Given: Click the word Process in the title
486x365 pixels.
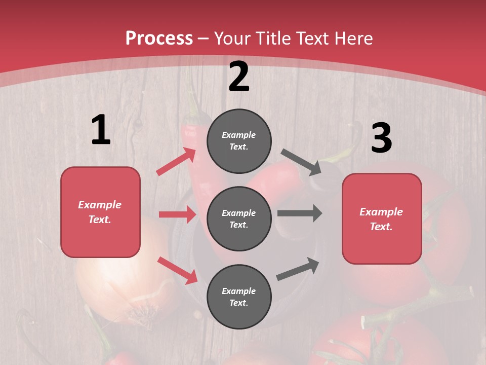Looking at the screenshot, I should click(x=159, y=38).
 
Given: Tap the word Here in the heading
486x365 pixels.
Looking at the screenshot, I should click(x=352, y=38).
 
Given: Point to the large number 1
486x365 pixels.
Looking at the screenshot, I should click(x=101, y=130).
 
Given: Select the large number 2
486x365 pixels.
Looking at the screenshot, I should click(x=239, y=77).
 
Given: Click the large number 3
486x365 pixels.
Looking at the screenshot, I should click(x=381, y=138).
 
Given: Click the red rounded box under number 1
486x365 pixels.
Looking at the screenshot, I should click(x=100, y=212).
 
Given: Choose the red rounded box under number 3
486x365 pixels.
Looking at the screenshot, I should click(x=382, y=219).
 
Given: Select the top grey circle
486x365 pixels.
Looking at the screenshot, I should click(x=239, y=141).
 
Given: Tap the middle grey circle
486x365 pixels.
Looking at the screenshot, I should click(x=239, y=218).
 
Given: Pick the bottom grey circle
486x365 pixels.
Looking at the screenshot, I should click(x=239, y=297).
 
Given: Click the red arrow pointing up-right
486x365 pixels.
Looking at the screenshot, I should click(x=176, y=162).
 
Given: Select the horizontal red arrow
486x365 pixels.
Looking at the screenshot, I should click(x=177, y=214).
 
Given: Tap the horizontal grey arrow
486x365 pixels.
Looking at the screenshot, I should click(x=300, y=213).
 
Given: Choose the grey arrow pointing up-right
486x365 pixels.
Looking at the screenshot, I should click(x=298, y=269).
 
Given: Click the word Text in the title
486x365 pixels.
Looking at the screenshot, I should click(x=311, y=38).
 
